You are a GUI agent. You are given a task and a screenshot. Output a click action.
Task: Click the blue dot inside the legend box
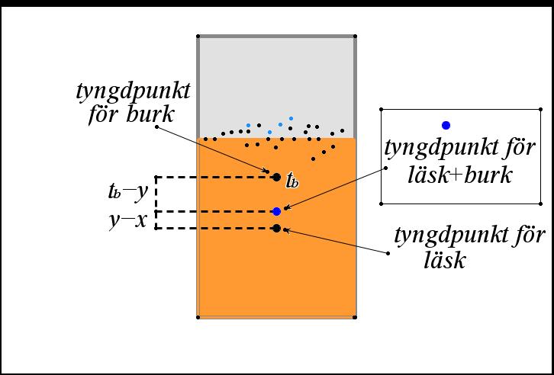(446, 125)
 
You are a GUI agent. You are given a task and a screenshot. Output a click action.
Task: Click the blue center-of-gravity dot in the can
(277, 211)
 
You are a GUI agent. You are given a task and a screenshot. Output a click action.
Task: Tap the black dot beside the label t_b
(276, 177)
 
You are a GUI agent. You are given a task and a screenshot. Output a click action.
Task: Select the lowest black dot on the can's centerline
(276, 228)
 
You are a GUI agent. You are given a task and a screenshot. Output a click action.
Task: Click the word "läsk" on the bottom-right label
(445, 260)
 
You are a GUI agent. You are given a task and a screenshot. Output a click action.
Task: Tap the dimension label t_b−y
(128, 192)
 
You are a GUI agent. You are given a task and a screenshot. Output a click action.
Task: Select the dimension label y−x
(128, 220)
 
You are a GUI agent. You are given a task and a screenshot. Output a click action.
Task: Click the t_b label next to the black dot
(291, 181)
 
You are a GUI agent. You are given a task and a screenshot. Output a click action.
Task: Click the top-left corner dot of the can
(198, 36)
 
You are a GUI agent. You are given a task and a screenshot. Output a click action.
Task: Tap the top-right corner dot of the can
(356, 36)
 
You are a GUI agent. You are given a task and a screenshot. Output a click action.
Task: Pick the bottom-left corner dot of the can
(198, 316)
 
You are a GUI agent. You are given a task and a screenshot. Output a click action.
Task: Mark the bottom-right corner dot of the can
(356, 316)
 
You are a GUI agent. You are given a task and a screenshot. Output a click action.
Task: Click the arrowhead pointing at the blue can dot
(285, 207)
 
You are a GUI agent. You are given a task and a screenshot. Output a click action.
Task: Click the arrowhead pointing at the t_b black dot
(268, 172)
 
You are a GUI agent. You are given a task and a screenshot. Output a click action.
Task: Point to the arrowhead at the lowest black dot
(285, 229)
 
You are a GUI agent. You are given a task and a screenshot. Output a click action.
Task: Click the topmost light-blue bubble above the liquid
(291, 119)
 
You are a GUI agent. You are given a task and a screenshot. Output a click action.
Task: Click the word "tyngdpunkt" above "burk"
(133, 91)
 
